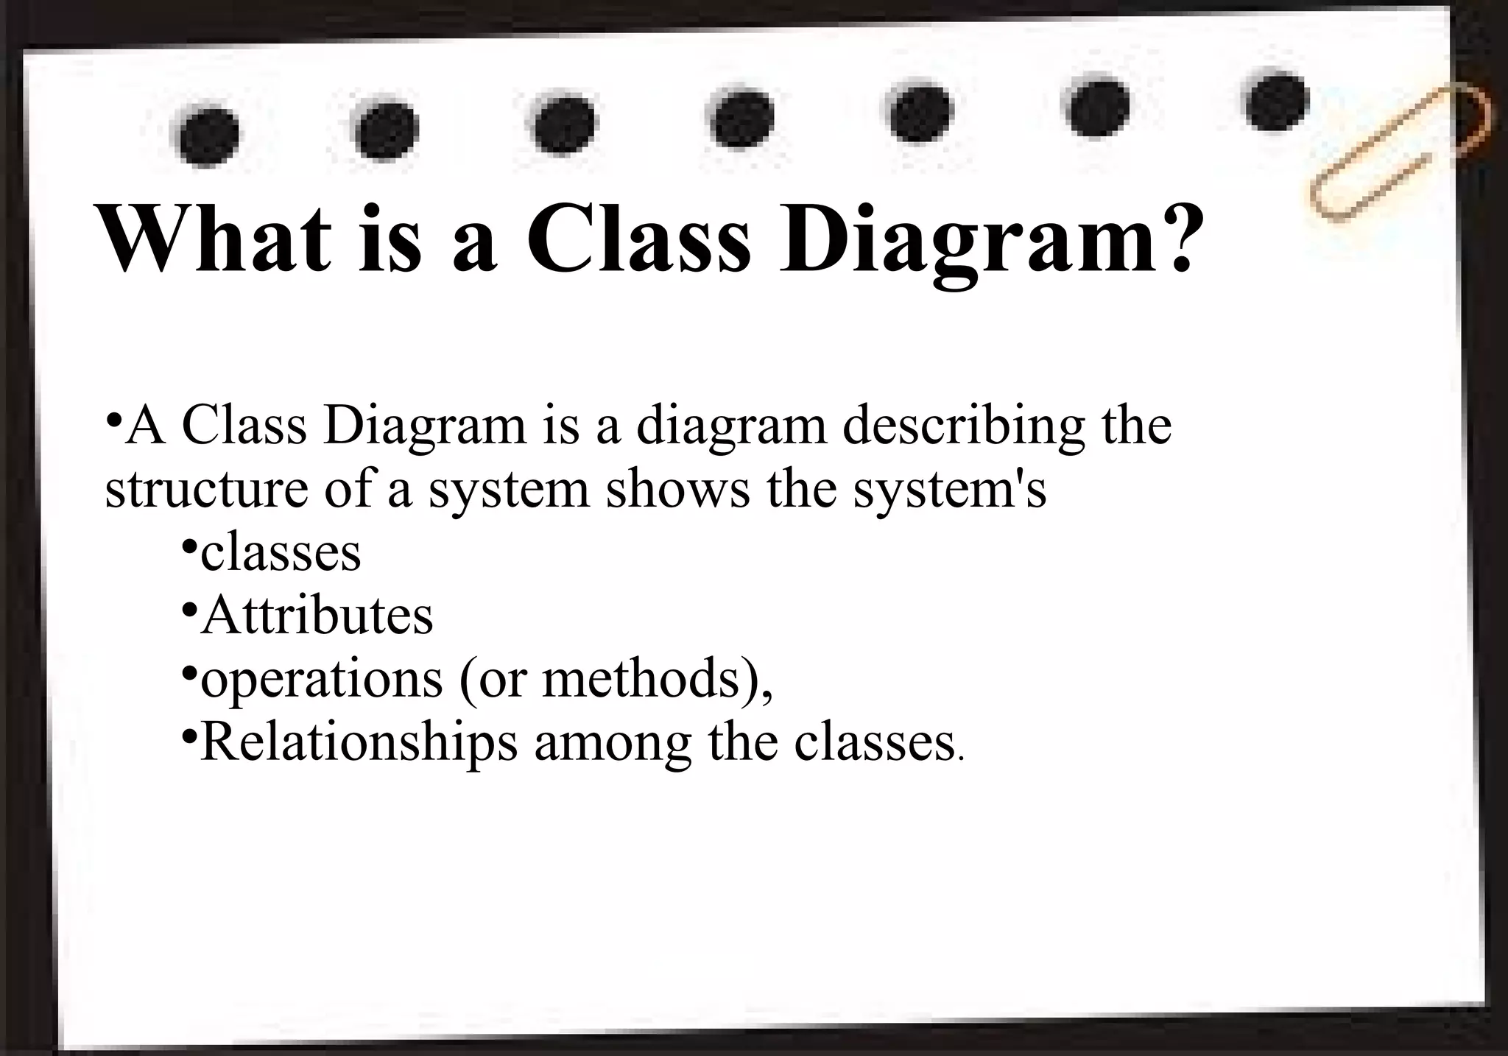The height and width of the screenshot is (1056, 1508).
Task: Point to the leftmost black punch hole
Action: tap(209, 137)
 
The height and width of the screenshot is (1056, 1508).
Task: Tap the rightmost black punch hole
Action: tap(1278, 101)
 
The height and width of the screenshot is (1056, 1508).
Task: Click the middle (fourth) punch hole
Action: tap(742, 119)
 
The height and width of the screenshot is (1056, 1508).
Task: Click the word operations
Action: tap(322, 679)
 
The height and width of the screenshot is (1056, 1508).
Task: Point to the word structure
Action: tap(206, 490)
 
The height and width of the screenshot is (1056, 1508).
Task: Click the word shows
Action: tap(678, 490)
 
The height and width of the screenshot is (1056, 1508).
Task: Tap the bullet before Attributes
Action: tap(189, 610)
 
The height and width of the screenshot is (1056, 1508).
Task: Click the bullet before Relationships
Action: tap(189, 736)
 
